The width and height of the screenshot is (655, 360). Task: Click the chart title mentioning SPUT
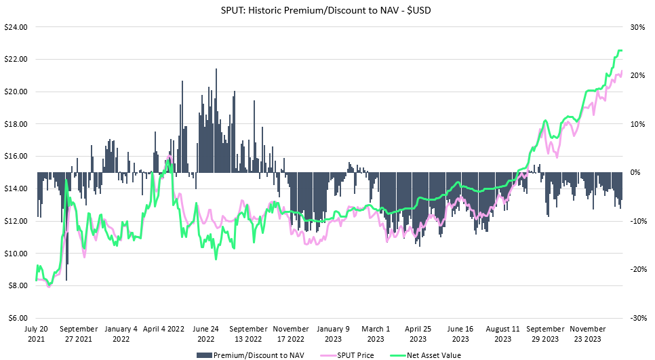pos(327,10)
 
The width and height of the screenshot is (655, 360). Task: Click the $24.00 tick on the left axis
pos(16,27)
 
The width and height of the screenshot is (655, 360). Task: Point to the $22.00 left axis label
pos(16,60)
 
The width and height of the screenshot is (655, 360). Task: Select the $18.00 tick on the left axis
pos(16,124)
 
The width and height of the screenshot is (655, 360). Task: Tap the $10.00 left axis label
pos(16,254)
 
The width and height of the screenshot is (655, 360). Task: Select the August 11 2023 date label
pos(503,333)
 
